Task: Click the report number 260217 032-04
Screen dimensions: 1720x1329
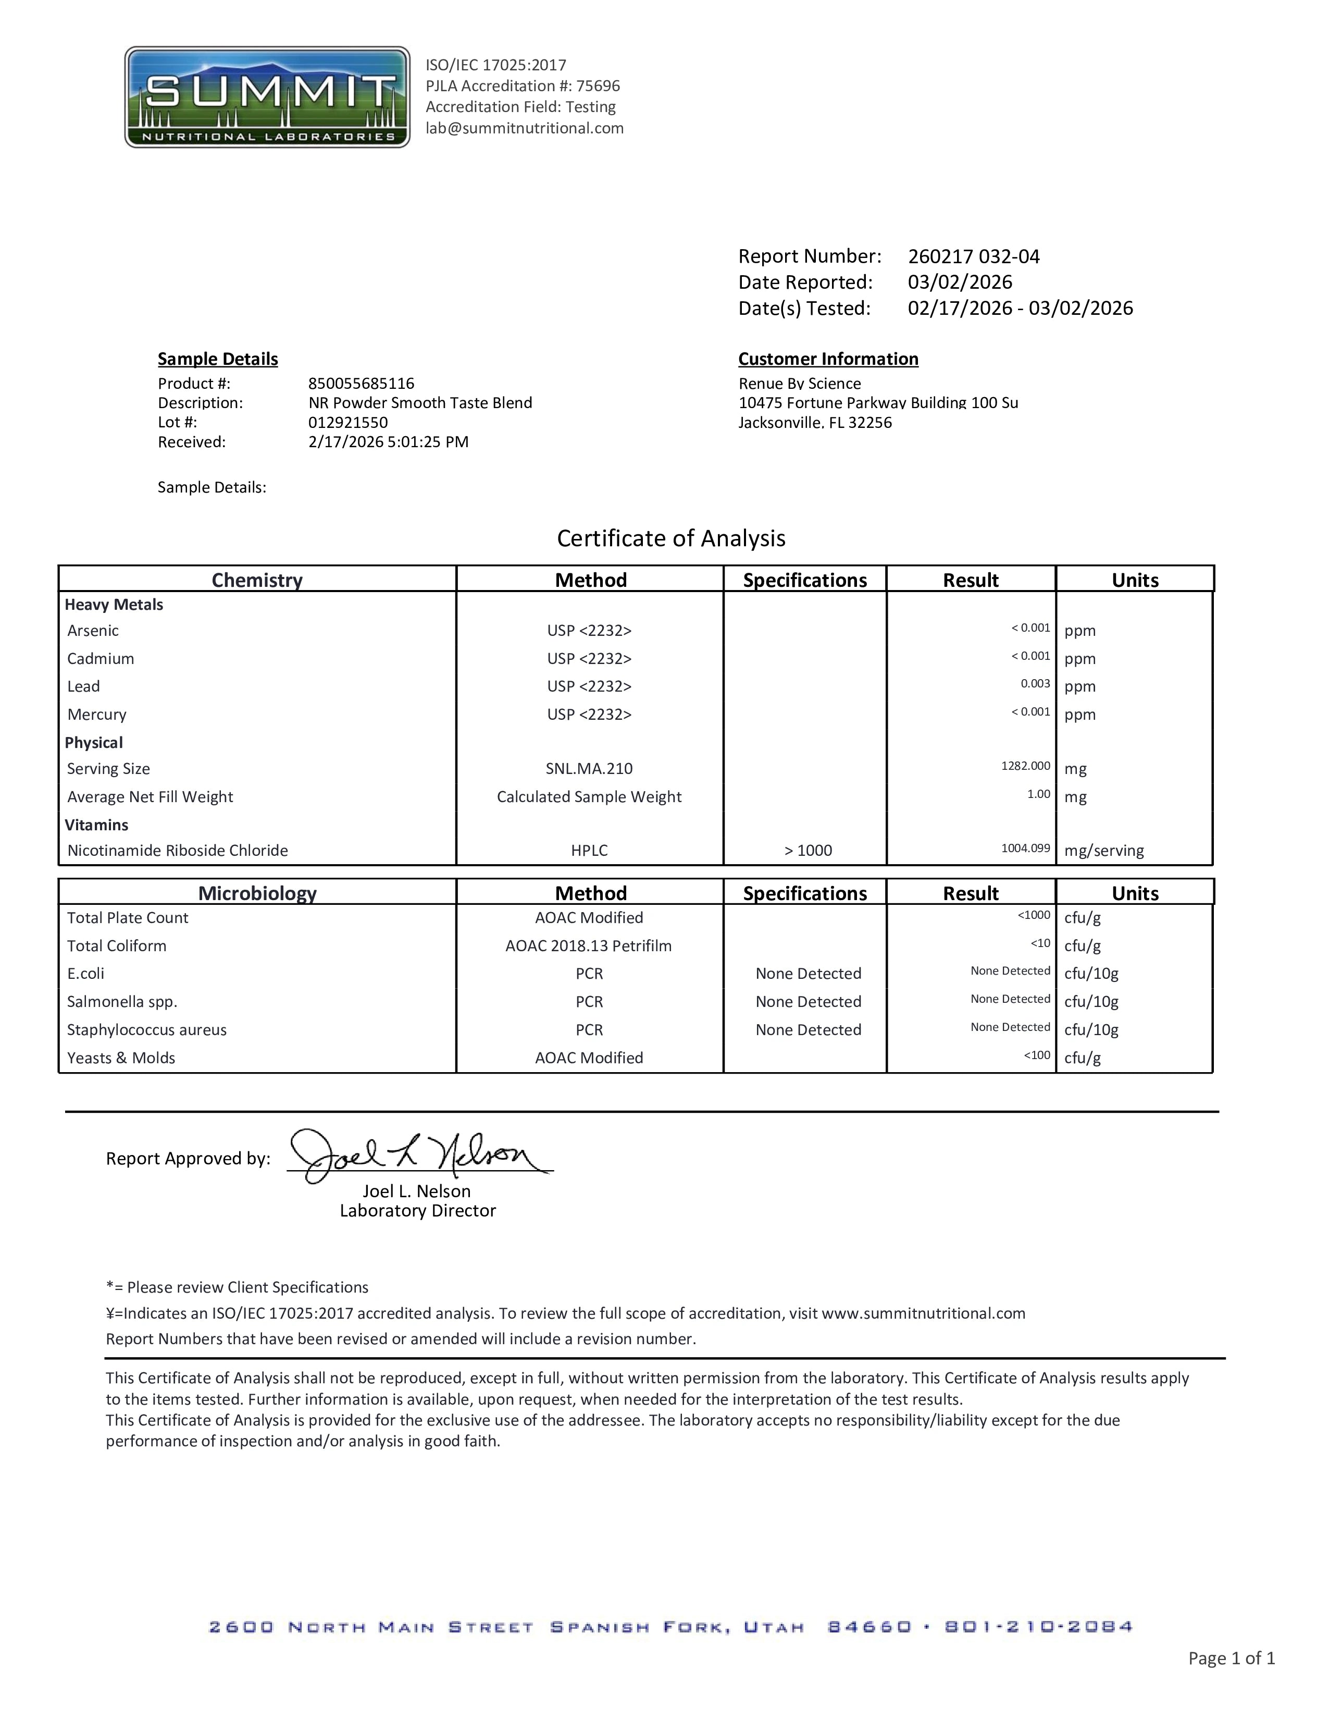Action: click(973, 257)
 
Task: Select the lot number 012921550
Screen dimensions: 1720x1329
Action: click(348, 422)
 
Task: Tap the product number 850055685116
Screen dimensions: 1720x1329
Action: click(362, 384)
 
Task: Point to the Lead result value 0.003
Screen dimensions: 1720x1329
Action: click(1035, 684)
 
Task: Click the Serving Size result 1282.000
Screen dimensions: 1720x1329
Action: click(1025, 766)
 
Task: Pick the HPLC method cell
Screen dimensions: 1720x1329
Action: click(589, 851)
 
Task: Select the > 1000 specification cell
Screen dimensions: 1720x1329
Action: click(808, 851)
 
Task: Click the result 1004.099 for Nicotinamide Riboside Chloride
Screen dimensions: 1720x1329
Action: click(1025, 848)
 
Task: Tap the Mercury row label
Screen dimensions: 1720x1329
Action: click(97, 714)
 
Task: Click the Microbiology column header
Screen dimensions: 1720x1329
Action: click(257, 893)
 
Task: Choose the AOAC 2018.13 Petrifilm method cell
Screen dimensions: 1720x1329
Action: click(588, 946)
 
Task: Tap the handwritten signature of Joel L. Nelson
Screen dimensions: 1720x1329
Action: click(417, 1156)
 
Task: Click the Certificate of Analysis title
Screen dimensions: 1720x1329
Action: click(671, 538)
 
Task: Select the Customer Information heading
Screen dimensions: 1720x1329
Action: click(827, 359)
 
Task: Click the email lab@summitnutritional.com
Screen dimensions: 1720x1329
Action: click(524, 128)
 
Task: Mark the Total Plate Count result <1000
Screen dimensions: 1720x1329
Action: click(1034, 915)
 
